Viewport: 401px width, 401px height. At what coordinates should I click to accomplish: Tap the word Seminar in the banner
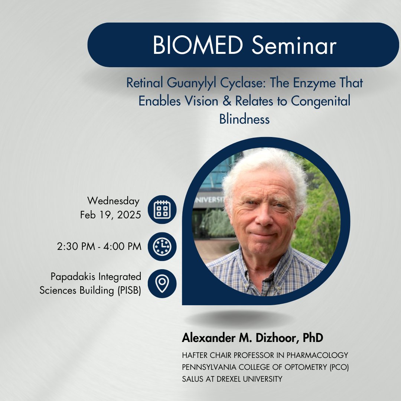click(x=293, y=46)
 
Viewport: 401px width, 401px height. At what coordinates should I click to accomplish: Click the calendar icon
click(x=162, y=209)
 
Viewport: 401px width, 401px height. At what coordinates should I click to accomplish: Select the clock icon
click(x=162, y=247)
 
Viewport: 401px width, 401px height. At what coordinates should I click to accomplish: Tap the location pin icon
click(x=162, y=284)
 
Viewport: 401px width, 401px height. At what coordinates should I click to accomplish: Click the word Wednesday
click(x=113, y=201)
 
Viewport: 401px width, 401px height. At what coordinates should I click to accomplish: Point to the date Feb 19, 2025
click(x=110, y=215)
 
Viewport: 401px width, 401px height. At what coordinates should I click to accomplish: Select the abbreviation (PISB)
click(x=127, y=290)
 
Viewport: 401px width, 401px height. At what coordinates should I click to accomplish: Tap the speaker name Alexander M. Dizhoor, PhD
click(x=252, y=338)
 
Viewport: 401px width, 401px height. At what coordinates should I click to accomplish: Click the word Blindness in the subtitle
click(x=244, y=119)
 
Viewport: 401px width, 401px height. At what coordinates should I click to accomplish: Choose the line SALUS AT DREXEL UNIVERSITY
click(x=232, y=379)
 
